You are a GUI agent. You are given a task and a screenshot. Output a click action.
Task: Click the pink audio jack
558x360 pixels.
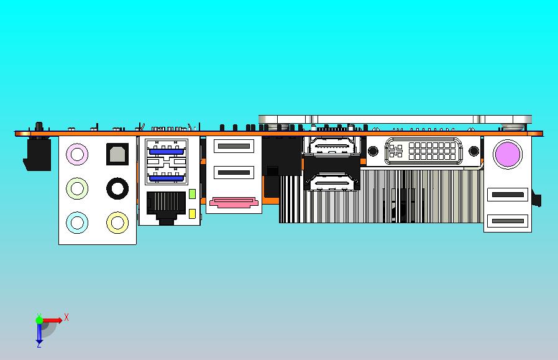point(76,153)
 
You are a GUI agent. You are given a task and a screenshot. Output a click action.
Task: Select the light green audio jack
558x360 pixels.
point(76,187)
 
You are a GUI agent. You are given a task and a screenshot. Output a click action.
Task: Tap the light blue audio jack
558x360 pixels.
point(76,221)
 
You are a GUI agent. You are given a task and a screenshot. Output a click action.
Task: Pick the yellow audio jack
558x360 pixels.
point(117,221)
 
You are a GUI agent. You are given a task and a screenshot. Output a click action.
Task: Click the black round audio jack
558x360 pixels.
point(117,187)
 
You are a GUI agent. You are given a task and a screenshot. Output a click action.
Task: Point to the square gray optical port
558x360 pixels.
point(117,153)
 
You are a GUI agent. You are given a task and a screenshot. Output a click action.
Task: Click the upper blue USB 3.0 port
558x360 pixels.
point(166,150)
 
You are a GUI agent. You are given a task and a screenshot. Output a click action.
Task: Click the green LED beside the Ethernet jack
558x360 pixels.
point(192,194)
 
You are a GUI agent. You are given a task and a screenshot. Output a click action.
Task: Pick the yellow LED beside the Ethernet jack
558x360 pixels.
point(192,215)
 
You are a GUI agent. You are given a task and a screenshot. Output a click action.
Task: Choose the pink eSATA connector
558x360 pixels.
point(234,202)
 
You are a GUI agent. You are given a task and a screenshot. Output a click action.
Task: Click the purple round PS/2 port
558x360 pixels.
point(507,154)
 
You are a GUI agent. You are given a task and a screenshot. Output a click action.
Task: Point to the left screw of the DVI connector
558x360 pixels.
point(373,151)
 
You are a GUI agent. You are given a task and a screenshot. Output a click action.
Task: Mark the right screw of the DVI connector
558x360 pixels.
point(474,151)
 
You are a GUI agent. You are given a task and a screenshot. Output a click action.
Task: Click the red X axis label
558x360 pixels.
point(66,317)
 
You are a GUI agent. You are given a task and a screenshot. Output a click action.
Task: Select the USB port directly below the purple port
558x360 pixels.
point(507,195)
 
